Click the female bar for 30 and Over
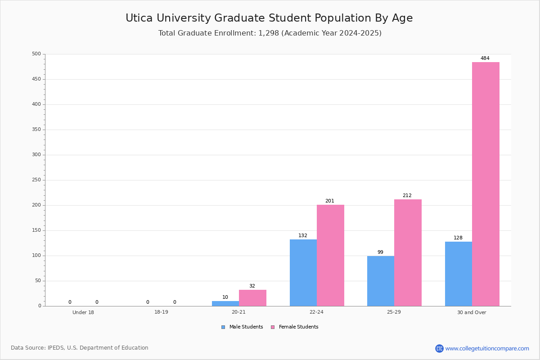click(x=486, y=184)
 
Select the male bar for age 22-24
click(x=303, y=273)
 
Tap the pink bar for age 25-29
click(x=408, y=253)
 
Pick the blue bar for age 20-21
click(x=225, y=304)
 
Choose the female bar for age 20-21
click(x=252, y=298)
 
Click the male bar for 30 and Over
click(x=459, y=274)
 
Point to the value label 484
click(x=485, y=58)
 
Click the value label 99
click(x=380, y=252)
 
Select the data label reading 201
click(x=329, y=201)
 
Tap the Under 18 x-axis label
click(x=83, y=312)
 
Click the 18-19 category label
click(x=161, y=312)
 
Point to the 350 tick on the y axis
click(x=36, y=130)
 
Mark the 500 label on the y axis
click(x=36, y=54)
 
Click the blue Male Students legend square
click(x=223, y=327)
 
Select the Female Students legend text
click(x=298, y=327)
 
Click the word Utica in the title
click(x=139, y=18)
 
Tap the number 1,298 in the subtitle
click(x=269, y=33)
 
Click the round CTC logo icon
click(x=439, y=348)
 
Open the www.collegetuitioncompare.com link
click(x=487, y=348)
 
